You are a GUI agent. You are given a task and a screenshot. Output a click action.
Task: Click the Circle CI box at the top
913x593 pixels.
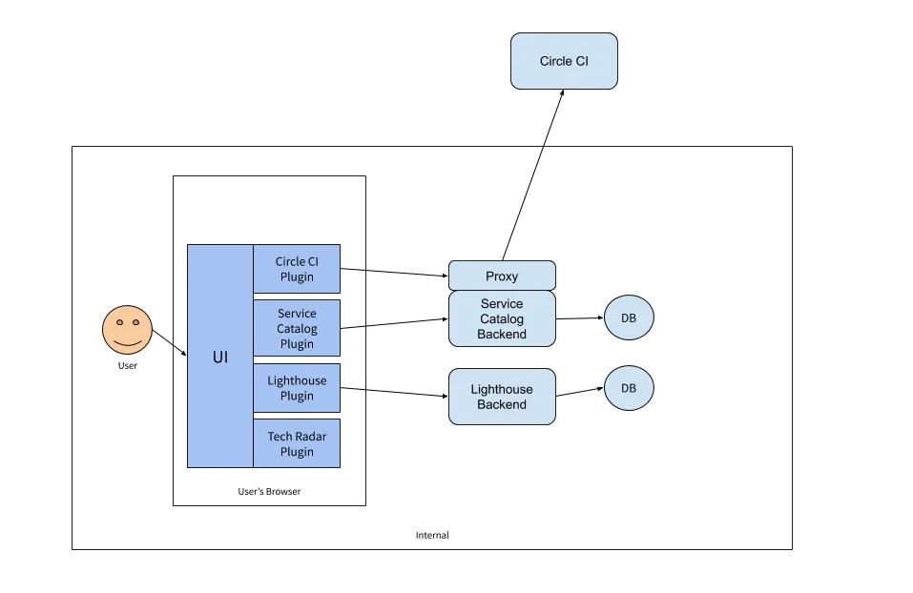(564, 61)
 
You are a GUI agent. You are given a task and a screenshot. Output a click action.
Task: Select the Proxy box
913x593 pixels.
(502, 276)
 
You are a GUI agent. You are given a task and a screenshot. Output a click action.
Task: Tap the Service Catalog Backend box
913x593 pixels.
(502, 319)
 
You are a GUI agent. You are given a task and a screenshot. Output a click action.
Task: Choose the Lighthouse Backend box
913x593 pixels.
(502, 397)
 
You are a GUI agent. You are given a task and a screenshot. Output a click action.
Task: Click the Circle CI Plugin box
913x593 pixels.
(297, 269)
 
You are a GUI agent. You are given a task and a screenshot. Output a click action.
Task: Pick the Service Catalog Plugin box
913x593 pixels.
(297, 328)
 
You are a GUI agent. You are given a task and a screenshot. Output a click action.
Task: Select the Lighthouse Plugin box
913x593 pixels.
(297, 388)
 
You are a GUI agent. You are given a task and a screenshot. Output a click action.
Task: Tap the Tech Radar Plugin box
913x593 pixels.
(297, 443)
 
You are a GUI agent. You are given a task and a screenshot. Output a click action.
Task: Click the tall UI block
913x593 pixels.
(219, 357)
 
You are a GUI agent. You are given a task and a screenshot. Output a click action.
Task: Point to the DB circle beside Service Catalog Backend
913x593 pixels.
(629, 318)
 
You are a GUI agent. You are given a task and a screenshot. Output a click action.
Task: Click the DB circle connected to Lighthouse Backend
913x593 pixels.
(629, 388)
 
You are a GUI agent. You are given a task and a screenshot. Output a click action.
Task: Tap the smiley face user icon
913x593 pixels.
(127, 329)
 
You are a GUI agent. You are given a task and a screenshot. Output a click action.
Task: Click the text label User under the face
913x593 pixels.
(127, 365)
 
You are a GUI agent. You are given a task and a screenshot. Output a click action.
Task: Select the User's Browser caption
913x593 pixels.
(269, 492)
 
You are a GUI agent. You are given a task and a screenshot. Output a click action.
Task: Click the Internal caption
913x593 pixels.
(432, 535)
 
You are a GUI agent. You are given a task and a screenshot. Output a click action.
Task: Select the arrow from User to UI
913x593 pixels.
(169, 343)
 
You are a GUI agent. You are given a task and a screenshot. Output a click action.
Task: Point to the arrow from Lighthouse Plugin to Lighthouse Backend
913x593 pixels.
(394, 392)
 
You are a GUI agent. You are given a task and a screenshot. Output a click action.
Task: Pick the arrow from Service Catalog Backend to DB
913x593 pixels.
(579, 318)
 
